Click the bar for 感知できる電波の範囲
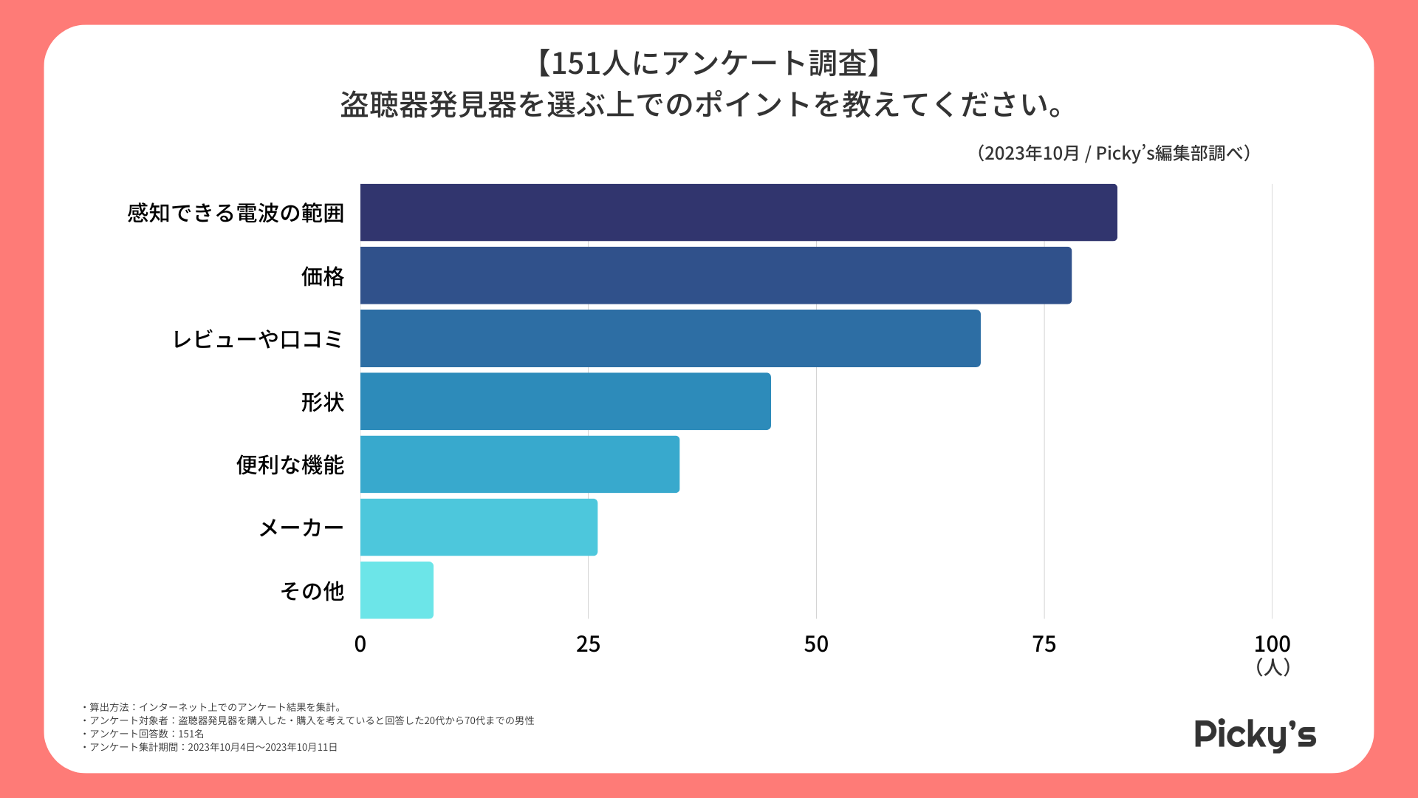click(x=739, y=213)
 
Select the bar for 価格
click(x=716, y=276)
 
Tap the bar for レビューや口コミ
click(x=671, y=338)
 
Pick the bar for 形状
click(x=566, y=401)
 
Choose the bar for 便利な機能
click(x=520, y=464)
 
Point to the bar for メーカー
click(x=479, y=527)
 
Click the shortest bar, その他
click(x=397, y=590)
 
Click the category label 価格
click(x=323, y=276)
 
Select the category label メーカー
click(x=301, y=528)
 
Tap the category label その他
click(x=312, y=590)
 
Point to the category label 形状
click(x=323, y=402)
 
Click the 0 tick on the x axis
click(x=360, y=644)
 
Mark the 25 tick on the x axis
click(x=588, y=644)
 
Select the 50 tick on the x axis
click(x=816, y=644)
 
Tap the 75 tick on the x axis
click(x=1044, y=644)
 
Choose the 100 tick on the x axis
click(x=1272, y=644)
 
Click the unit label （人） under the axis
click(x=1273, y=667)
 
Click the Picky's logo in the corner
click(x=1255, y=735)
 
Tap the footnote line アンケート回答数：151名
click(x=143, y=734)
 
